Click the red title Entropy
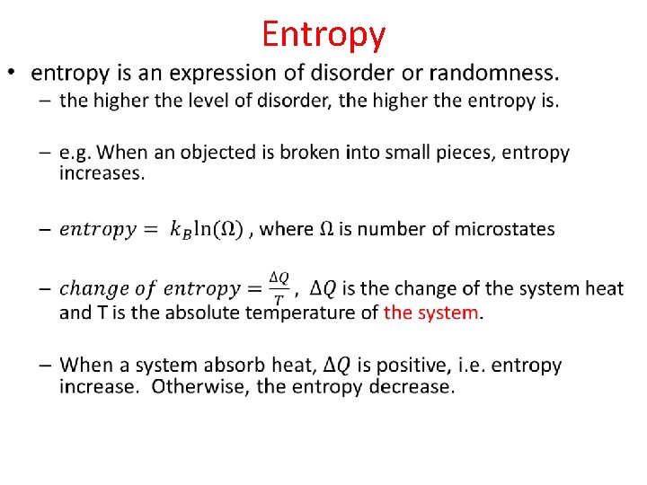point(323,35)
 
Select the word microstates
point(505,229)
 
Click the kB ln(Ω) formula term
point(204,230)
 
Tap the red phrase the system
point(431,313)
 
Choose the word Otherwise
point(195,387)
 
